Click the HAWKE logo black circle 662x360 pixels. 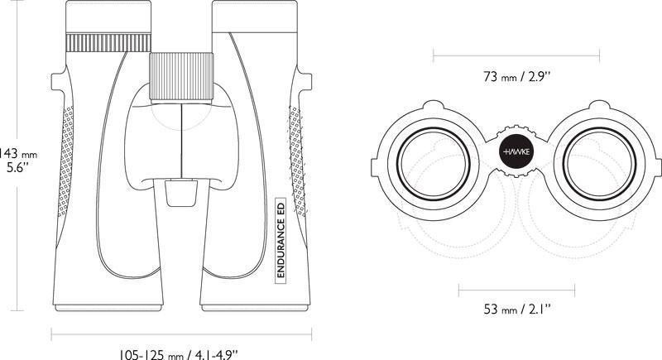click(x=516, y=151)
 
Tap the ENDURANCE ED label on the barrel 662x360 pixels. click(x=281, y=240)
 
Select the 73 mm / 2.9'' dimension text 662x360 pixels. click(x=517, y=77)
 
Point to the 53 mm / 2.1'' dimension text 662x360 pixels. click(x=517, y=309)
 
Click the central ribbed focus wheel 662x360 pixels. click(x=181, y=76)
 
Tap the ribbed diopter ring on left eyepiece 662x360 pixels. click(x=108, y=42)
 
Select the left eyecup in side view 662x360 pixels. click(x=108, y=17)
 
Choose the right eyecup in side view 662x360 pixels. click(x=255, y=17)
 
